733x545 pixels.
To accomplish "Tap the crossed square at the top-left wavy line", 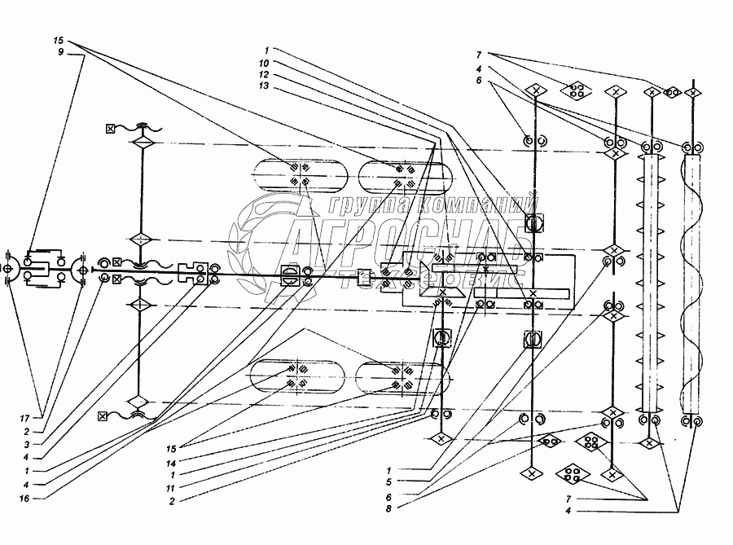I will (x=110, y=128).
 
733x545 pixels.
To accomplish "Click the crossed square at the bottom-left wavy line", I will (x=102, y=417).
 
